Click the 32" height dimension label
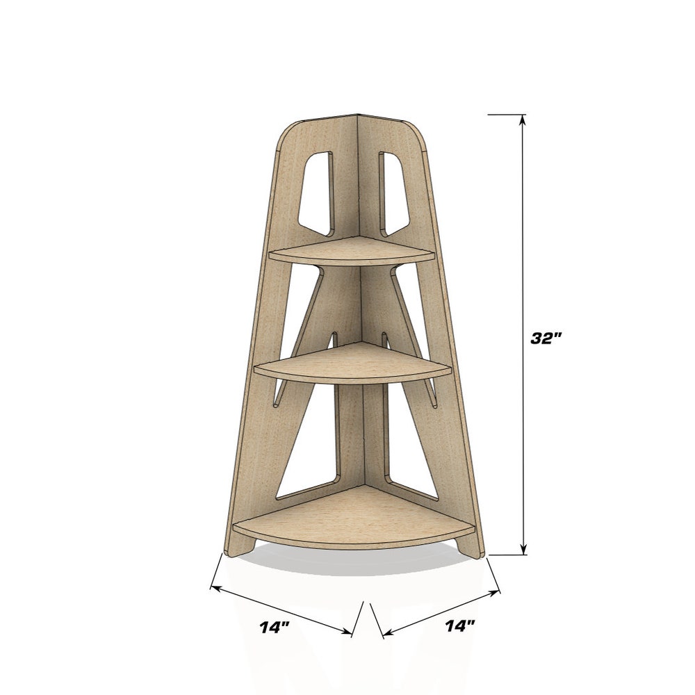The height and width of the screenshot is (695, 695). coord(546,338)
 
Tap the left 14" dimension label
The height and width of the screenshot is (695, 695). coord(275,627)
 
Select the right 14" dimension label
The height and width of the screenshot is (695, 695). coord(460,626)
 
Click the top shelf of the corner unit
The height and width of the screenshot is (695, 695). coord(352,252)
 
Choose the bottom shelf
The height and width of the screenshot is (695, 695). coord(354,518)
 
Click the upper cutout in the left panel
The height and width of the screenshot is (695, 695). coord(316,194)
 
